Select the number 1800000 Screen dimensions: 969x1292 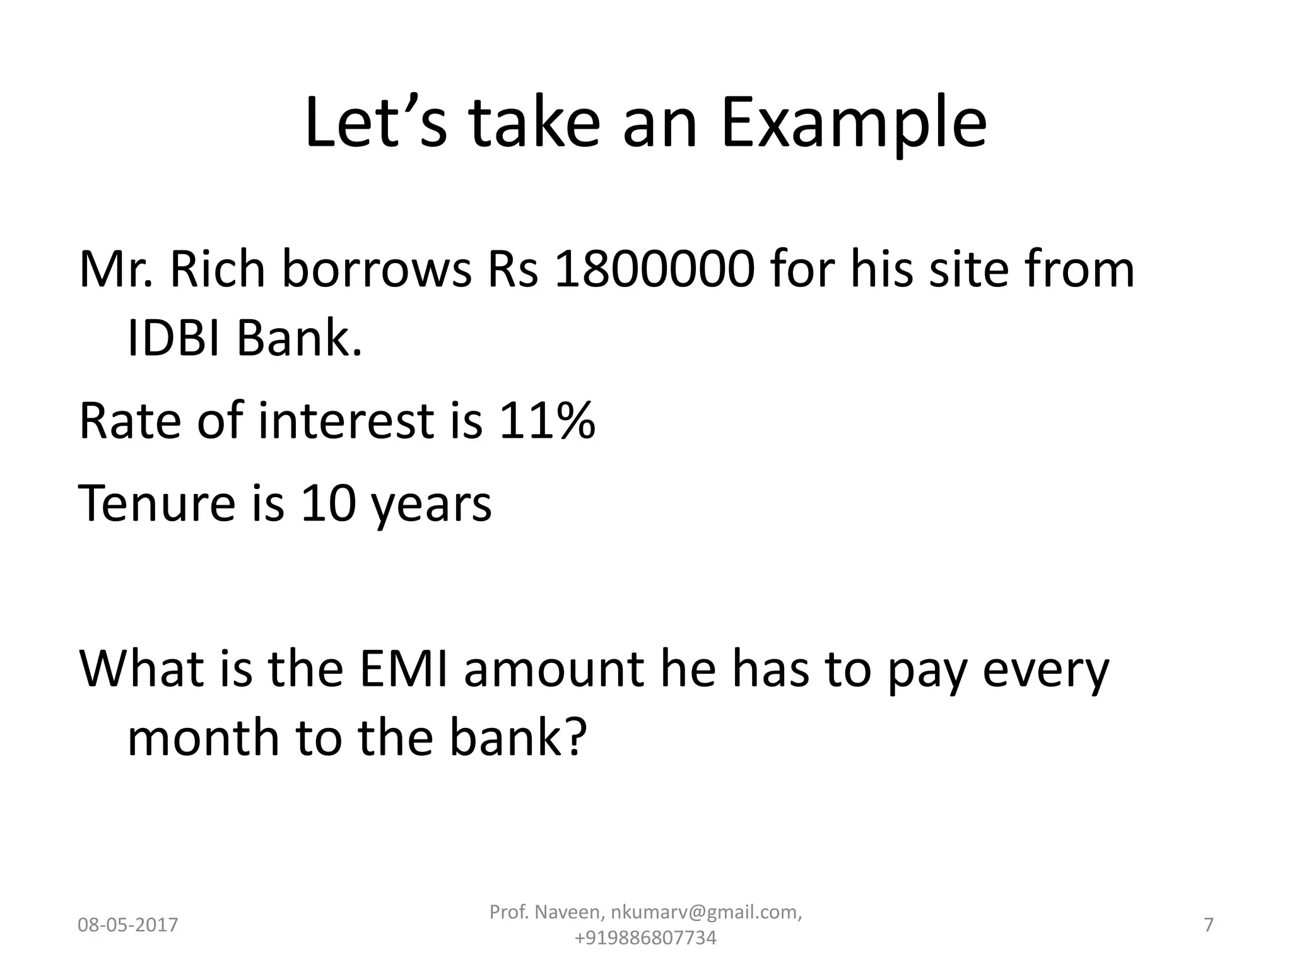pyautogui.click(x=654, y=269)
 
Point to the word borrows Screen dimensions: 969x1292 pyautogui.click(x=376, y=269)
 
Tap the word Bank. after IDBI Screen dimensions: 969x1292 pyautogui.click(x=300, y=339)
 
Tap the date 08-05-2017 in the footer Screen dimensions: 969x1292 pyautogui.click(x=128, y=925)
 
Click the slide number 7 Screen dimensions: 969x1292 pyautogui.click(x=1209, y=925)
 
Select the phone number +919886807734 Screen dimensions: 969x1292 pyautogui.click(x=645, y=938)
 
